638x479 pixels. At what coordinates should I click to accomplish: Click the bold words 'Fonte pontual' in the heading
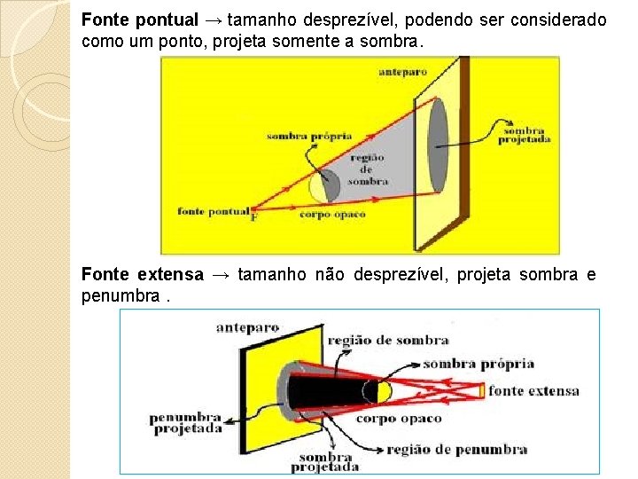140,19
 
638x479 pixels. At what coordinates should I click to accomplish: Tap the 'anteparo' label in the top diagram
403,70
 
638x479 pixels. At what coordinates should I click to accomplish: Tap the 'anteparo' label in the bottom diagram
247,327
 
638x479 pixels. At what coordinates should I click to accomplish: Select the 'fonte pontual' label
213,211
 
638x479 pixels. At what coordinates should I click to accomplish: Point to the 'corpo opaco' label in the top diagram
332,215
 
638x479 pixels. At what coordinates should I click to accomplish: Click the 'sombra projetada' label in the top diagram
525,134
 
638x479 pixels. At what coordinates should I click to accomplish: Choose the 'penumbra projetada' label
185,422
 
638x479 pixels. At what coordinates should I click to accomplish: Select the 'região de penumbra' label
456,449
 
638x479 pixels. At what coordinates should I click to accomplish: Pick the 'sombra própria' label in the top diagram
309,137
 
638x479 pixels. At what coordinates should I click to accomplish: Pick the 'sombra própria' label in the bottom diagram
478,364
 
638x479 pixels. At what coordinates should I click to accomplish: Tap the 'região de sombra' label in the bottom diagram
388,340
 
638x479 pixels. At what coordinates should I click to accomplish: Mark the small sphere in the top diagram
324,185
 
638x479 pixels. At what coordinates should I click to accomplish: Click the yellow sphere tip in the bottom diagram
383,391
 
